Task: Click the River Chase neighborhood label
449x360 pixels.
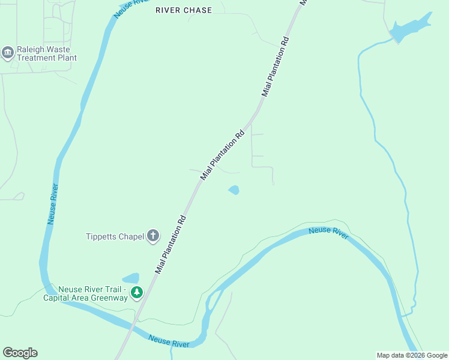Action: tap(183, 10)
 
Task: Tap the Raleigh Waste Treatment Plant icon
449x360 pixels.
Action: tap(8, 53)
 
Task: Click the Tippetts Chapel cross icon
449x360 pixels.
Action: tap(153, 236)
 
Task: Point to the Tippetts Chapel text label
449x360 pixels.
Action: tap(115, 236)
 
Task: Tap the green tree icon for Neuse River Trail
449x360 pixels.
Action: tap(137, 292)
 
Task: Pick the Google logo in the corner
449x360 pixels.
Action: tap(20, 353)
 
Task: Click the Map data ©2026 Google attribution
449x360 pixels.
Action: tap(412, 355)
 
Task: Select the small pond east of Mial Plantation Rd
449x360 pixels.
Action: tap(234, 190)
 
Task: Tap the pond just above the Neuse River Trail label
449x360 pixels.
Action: tap(131, 278)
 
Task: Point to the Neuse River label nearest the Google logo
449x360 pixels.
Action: tap(169, 341)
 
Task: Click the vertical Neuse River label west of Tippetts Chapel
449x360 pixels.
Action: tap(53, 204)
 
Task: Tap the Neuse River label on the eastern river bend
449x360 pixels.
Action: tap(328, 233)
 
